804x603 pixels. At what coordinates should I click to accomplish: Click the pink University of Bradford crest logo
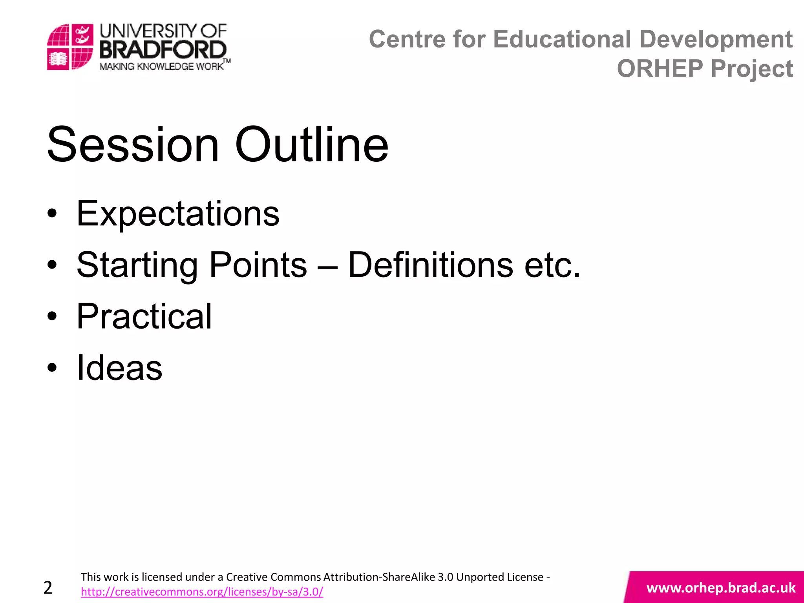70,47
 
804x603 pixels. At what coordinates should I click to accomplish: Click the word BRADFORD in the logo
163,51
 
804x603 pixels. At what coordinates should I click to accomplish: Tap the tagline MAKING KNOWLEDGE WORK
161,66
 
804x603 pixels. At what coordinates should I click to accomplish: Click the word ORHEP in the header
660,69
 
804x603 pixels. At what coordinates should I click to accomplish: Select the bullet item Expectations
177,214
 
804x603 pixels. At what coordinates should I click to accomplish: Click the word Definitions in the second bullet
430,265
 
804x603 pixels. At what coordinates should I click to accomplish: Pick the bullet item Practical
144,316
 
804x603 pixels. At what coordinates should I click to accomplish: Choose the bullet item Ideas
119,368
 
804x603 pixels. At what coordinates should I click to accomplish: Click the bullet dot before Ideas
52,368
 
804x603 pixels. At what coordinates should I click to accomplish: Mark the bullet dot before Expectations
52,214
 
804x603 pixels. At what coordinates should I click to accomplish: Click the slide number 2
48,588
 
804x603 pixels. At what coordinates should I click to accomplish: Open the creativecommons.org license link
202,592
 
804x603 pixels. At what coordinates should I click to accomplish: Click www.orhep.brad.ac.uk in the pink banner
721,588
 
